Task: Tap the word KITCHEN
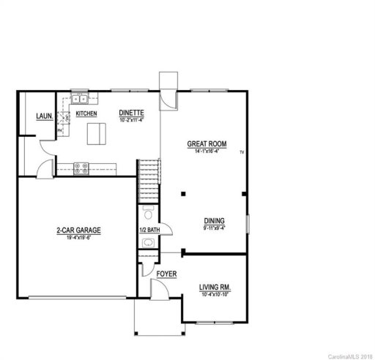85,114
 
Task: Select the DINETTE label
133,112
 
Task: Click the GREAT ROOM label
208,145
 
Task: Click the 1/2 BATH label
149,230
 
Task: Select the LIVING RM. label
215,287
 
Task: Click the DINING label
215,220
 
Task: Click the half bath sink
148,258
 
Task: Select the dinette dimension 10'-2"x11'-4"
133,119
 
